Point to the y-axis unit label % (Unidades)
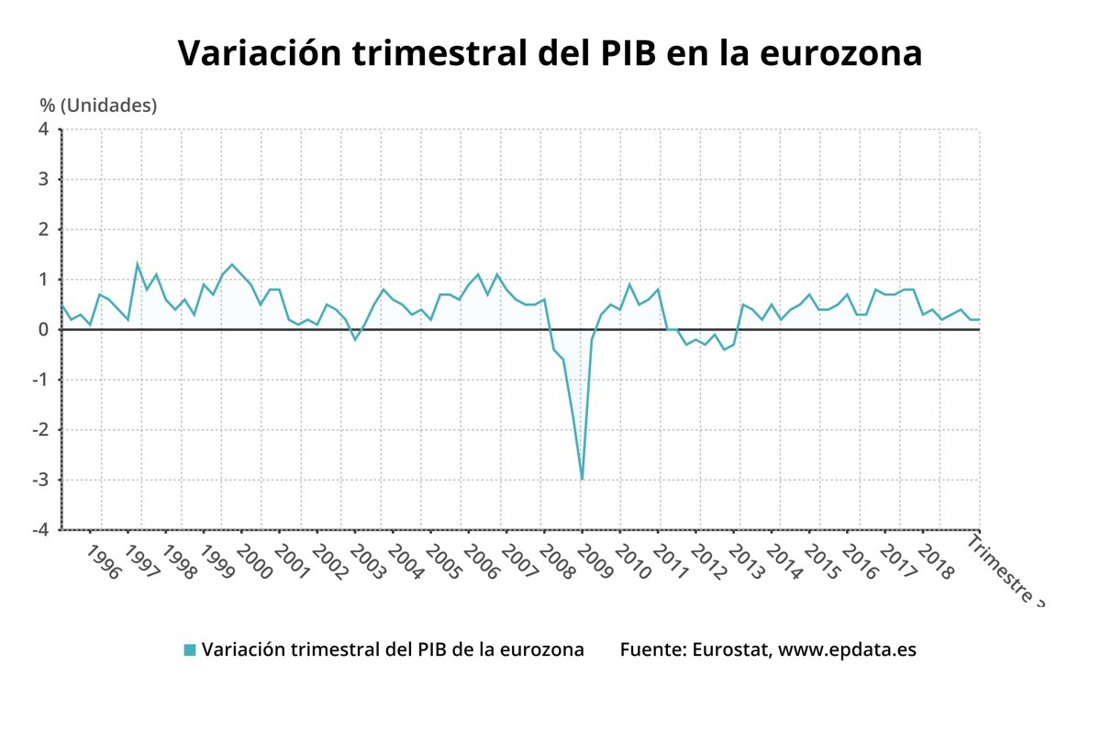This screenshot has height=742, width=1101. (x=98, y=105)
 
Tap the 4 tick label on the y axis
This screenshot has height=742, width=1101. (x=44, y=129)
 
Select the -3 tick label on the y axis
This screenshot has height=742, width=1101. (x=41, y=480)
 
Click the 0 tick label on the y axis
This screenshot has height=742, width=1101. (x=44, y=329)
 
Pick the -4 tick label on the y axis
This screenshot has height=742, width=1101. (x=41, y=530)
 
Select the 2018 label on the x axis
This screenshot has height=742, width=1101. (x=937, y=562)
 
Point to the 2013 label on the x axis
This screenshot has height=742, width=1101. (x=748, y=562)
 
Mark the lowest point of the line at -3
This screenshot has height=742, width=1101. (x=582, y=479)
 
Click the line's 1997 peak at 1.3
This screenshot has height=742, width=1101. (x=138, y=264)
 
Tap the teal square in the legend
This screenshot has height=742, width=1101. (x=190, y=649)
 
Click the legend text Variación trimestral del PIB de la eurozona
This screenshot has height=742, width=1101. (x=393, y=649)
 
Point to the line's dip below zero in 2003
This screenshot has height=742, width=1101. (x=356, y=339)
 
